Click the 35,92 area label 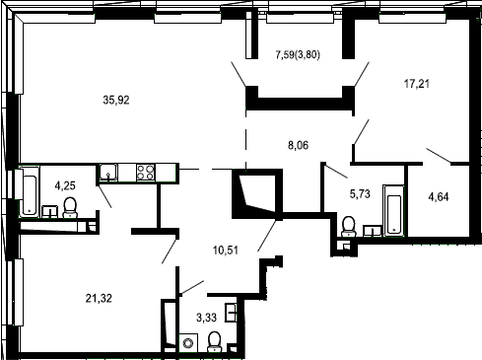[x=116, y=100]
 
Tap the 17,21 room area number [x=416, y=84]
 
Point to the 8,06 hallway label [x=298, y=145]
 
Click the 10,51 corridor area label [x=226, y=251]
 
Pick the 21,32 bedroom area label [x=99, y=298]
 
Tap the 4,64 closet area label [x=439, y=197]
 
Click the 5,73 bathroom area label [x=360, y=194]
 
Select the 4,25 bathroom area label [x=65, y=185]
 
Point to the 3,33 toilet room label [x=206, y=318]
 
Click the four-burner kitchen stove [x=146, y=173]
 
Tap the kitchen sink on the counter [x=108, y=173]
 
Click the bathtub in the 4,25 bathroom [x=30, y=191]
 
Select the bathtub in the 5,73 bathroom [x=393, y=210]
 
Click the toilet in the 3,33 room [x=215, y=341]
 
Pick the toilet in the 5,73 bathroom [x=349, y=226]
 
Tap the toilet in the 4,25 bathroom [x=70, y=207]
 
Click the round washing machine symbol [x=188, y=343]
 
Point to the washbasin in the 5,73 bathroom [x=373, y=231]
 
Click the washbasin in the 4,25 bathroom [x=50, y=211]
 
